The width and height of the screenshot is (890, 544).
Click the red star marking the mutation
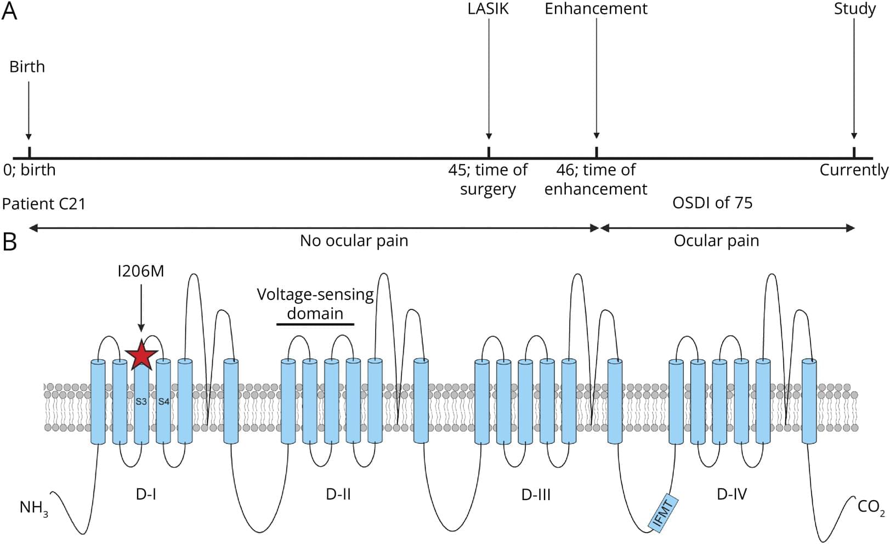(x=141, y=355)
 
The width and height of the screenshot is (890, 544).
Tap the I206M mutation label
(x=141, y=271)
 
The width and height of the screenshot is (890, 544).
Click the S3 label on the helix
(x=141, y=401)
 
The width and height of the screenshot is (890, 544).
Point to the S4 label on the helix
(x=163, y=401)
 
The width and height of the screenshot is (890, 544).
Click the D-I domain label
(x=146, y=494)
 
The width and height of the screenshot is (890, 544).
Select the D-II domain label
(x=338, y=494)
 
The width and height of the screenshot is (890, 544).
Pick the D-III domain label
(x=536, y=495)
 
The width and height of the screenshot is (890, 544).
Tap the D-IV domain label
(x=732, y=494)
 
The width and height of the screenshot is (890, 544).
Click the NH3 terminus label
(x=33, y=508)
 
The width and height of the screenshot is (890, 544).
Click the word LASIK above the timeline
(x=488, y=9)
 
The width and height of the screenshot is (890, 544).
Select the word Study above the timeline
(x=854, y=9)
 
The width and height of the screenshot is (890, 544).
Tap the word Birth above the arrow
(x=27, y=67)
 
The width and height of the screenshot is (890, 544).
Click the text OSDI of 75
(x=712, y=203)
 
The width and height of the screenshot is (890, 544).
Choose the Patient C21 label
(x=44, y=204)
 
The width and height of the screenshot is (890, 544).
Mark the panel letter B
(x=9, y=241)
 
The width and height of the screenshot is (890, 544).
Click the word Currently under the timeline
(x=854, y=170)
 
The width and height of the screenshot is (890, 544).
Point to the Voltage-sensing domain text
(x=315, y=304)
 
